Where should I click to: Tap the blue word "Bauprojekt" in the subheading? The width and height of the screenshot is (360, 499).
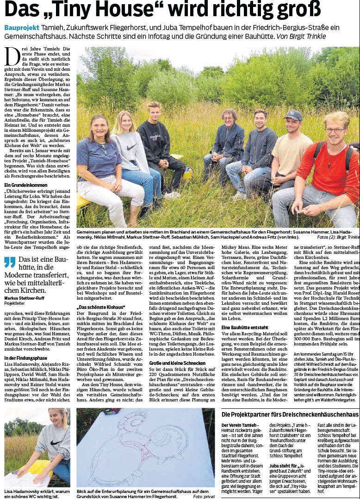pyautogui.click(x=21, y=28)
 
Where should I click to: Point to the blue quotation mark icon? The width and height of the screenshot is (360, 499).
pyautogui.click(x=10, y=262)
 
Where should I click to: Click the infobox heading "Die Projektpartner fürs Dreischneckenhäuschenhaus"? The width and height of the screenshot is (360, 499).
pyautogui.click(x=289, y=413)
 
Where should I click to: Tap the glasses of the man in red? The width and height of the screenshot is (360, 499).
pyautogui.click(x=334, y=130)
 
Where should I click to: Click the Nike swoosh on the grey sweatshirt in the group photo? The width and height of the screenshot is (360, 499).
pyautogui.click(x=131, y=147)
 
